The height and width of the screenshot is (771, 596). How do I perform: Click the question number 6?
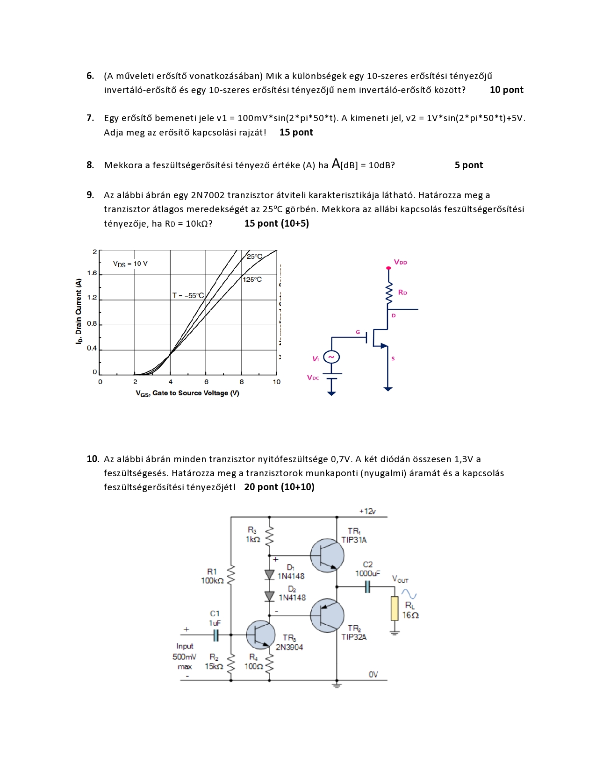(90, 76)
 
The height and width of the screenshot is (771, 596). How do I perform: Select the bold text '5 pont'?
(468, 165)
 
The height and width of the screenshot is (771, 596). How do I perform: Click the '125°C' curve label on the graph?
(252, 279)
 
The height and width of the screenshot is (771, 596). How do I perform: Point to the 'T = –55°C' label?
(188, 295)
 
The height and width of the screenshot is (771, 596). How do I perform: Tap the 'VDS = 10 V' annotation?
(130, 264)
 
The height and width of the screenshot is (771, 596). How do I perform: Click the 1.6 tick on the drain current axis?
(92, 273)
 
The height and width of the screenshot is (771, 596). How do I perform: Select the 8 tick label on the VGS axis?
(242, 382)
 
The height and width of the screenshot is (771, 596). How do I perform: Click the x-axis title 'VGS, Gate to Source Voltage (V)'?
(187, 393)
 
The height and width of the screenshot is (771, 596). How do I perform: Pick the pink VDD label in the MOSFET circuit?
(401, 262)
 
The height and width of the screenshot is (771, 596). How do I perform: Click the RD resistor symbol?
(388, 293)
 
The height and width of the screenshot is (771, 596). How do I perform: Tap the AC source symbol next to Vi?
(331, 357)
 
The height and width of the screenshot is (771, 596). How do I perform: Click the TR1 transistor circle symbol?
(327, 556)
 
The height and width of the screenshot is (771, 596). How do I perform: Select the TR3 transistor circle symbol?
(260, 635)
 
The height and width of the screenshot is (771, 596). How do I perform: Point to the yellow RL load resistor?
(395, 608)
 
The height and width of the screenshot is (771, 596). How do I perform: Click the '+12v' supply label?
(367, 511)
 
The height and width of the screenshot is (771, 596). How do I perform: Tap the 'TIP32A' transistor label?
(354, 637)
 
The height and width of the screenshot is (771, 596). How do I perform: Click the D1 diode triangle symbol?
(269, 574)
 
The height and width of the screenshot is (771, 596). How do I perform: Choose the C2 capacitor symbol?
(367, 586)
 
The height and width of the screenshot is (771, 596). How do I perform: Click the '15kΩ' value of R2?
(214, 666)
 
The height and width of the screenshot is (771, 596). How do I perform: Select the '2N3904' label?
(289, 647)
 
